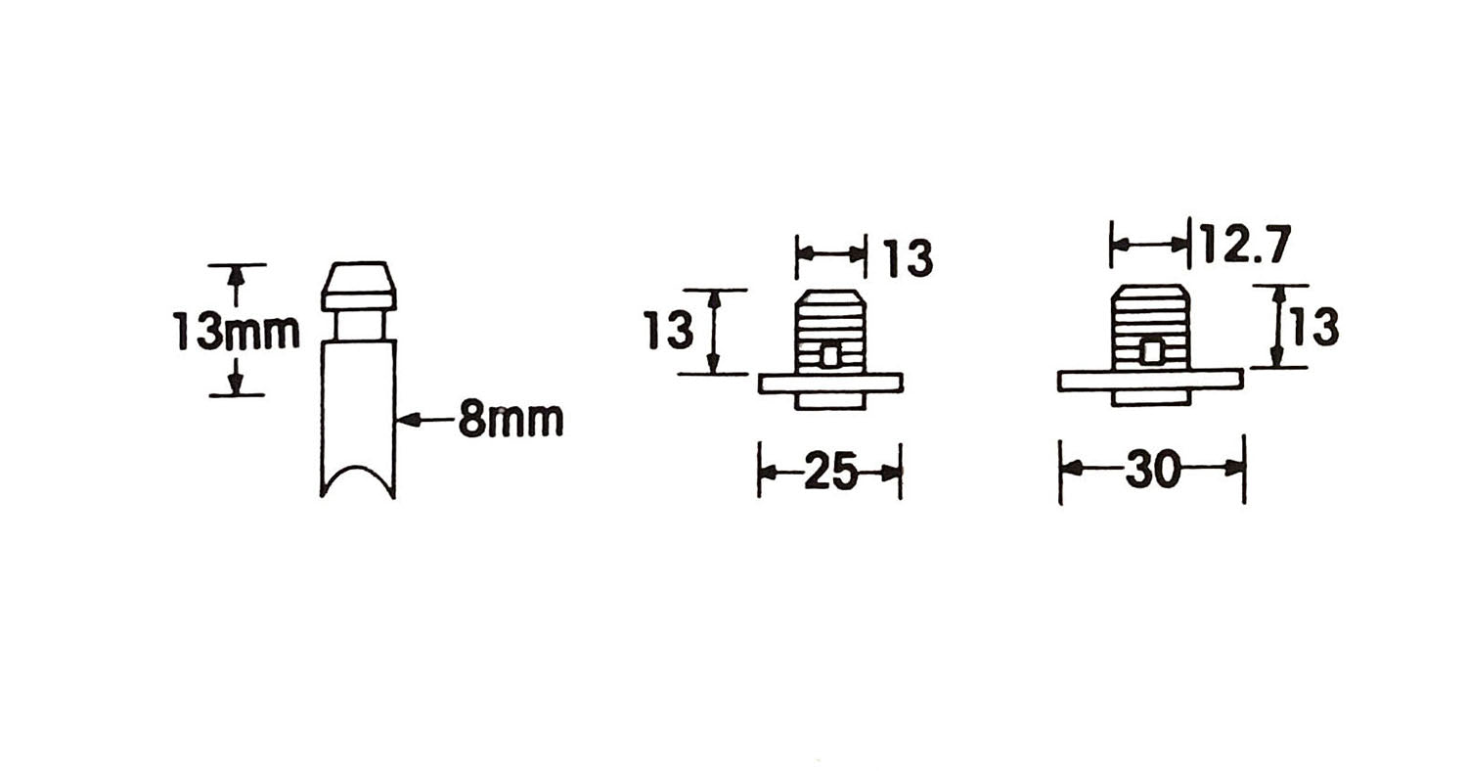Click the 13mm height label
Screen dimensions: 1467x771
click(x=238, y=331)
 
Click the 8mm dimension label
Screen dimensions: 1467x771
click(x=511, y=419)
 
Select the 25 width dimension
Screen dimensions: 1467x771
click(x=829, y=471)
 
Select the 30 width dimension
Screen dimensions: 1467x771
click(x=1152, y=469)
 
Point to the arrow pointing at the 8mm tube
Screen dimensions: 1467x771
click(x=425, y=419)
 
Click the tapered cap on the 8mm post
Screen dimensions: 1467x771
click(x=359, y=287)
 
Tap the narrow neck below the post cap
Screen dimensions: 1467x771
click(x=359, y=326)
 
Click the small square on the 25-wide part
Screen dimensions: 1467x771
click(x=830, y=356)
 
